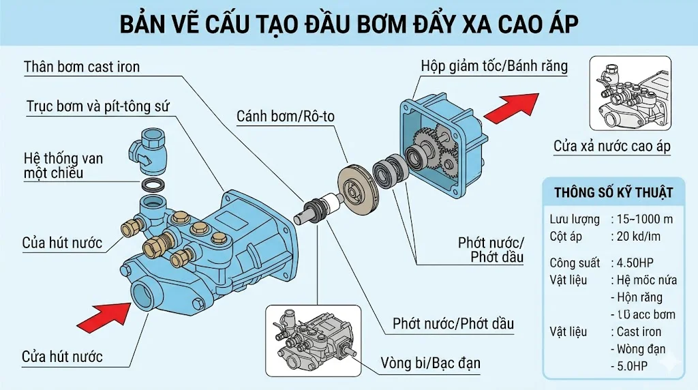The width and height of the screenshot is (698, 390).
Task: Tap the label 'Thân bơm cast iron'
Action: point(81,67)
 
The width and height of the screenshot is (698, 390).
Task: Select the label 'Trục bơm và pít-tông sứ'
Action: point(97,107)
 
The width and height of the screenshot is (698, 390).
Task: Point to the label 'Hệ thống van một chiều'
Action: point(63,166)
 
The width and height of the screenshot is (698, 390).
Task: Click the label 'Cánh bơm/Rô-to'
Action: point(286,116)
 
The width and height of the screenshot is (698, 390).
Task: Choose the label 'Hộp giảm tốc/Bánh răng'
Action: point(494,67)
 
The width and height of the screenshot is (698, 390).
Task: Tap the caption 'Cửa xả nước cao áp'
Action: point(611,147)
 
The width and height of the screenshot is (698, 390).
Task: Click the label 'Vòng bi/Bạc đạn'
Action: point(430,363)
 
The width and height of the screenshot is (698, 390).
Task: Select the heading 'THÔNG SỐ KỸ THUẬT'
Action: point(613,193)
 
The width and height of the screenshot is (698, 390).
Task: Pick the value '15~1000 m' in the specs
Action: point(641,220)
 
